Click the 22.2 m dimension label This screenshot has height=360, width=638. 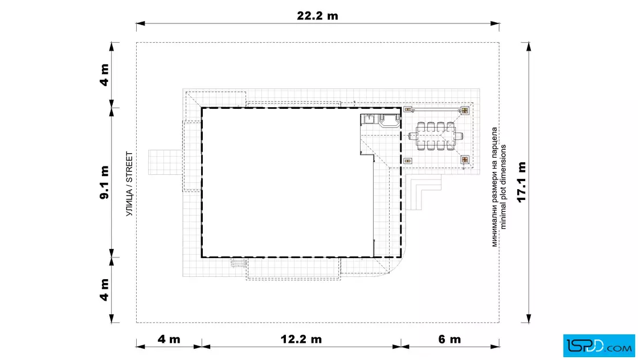pyautogui.click(x=317, y=16)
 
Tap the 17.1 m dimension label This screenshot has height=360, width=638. pyautogui.click(x=522, y=182)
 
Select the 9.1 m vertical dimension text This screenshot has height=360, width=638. pyautogui.click(x=105, y=182)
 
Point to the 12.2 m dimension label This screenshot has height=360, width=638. pyautogui.click(x=301, y=339)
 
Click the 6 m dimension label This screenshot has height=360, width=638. pyautogui.click(x=449, y=339)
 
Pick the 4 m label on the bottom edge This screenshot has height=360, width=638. pyautogui.click(x=169, y=339)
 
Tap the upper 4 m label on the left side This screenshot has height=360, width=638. pyautogui.click(x=105, y=75)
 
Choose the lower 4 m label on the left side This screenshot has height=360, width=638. pyautogui.click(x=105, y=289)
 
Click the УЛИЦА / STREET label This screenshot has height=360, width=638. pyautogui.click(x=129, y=184)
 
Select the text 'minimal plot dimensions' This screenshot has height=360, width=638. pyautogui.click(x=504, y=187)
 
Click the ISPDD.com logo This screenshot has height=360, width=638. pyautogui.click(x=599, y=346)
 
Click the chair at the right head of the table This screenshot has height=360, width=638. pyautogui.click(x=459, y=136)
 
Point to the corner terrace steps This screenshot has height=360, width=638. pyautogui.click(x=423, y=192)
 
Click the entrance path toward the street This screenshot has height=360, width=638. pyautogui.click(x=165, y=162)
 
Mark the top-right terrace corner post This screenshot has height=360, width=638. pyautogui.click(x=465, y=111)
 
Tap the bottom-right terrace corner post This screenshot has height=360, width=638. pyautogui.click(x=465, y=160)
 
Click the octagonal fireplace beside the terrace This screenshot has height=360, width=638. pyautogui.click(x=390, y=121)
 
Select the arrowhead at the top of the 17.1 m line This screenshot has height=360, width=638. pyautogui.click(x=529, y=46)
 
